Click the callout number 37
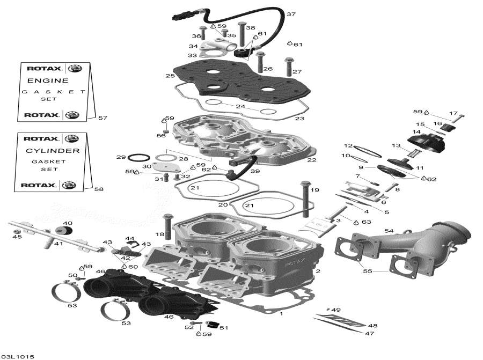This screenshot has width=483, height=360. [x=291, y=14]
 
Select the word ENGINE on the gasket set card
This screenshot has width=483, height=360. [x=48, y=80]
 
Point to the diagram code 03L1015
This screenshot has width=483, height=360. [x=18, y=356]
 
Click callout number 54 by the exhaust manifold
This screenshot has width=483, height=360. [x=389, y=231]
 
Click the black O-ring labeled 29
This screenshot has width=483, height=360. [x=140, y=157]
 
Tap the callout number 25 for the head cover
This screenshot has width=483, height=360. [x=170, y=76]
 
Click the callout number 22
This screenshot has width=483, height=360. [x=311, y=160]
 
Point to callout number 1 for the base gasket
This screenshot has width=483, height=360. [x=281, y=314]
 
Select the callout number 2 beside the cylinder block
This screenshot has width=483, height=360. [x=318, y=271]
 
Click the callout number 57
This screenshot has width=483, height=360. [x=103, y=117]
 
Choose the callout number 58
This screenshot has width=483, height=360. [x=99, y=189]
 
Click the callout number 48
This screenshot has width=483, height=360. [x=372, y=326]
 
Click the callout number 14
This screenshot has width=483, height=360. [x=416, y=132]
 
